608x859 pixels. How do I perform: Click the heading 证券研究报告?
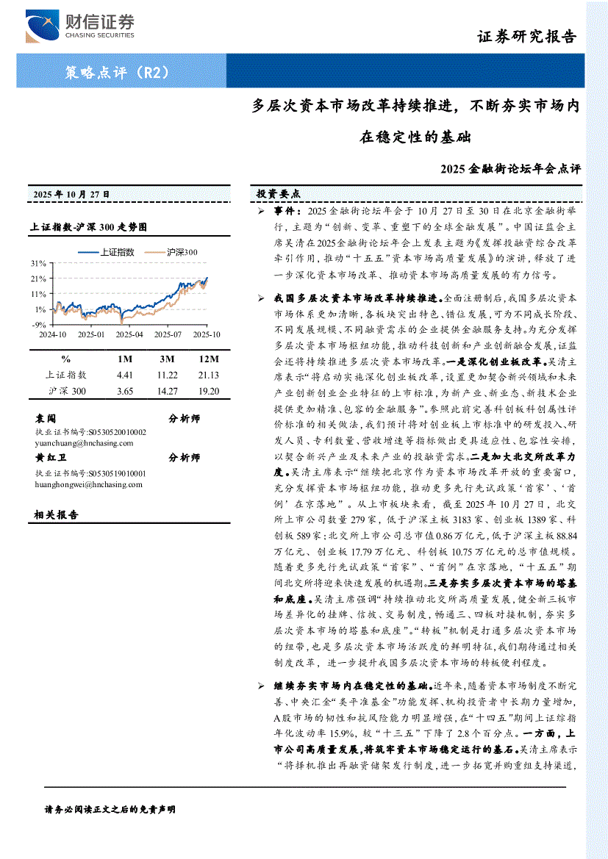click(526, 37)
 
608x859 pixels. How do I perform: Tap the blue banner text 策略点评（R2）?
click(118, 72)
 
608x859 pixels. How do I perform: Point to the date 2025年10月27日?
click(71, 194)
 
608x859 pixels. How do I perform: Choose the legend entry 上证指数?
click(118, 251)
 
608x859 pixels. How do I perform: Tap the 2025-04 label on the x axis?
click(130, 334)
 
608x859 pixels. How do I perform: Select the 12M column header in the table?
click(209, 359)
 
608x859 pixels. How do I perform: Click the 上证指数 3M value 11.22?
click(168, 375)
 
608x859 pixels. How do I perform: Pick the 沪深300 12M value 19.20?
click(209, 391)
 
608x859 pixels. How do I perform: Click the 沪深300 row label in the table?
click(67, 391)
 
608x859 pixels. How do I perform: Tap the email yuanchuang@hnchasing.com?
click(84, 443)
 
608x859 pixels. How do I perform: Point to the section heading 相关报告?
click(57, 514)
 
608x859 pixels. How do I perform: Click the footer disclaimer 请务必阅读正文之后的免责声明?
click(110, 809)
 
